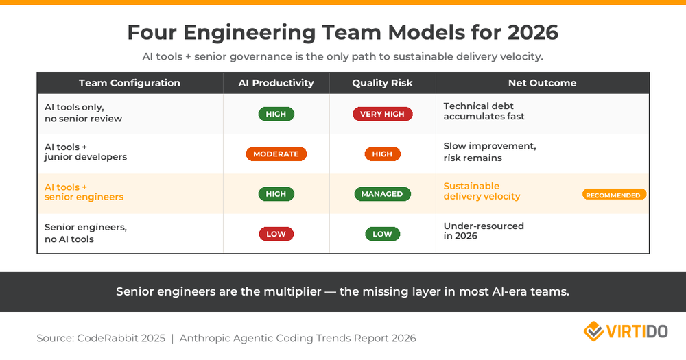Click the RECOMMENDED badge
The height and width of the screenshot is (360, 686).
click(614, 195)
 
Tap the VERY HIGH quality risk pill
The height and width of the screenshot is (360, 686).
click(382, 114)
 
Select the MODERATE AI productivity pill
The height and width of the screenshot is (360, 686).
click(276, 154)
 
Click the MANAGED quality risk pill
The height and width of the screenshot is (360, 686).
click(382, 194)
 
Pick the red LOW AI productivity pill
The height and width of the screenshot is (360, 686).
click(276, 234)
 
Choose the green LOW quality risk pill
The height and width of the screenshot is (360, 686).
click(382, 234)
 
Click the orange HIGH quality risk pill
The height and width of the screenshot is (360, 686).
click(382, 154)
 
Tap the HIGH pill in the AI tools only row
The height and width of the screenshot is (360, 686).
click(276, 114)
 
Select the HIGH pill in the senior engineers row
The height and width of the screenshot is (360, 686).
click(276, 194)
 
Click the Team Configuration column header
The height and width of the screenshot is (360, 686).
click(130, 83)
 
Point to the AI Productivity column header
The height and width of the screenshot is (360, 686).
click(276, 83)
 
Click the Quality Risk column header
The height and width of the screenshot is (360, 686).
click(382, 83)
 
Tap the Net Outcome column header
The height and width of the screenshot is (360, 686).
click(542, 83)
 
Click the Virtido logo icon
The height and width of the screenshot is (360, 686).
click(593, 332)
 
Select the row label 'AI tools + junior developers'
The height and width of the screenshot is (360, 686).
click(86, 152)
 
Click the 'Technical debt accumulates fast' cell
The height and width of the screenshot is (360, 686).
click(484, 111)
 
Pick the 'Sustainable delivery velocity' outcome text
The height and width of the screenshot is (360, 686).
click(482, 191)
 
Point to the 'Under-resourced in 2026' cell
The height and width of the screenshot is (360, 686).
click(483, 230)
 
